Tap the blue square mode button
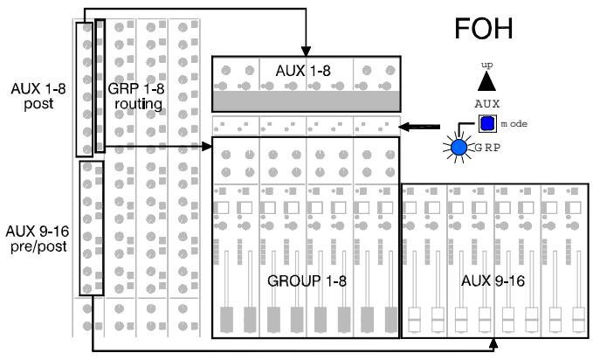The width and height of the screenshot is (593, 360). click(x=486, y=123)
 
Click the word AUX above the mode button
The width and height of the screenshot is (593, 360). click(x=486, y=103)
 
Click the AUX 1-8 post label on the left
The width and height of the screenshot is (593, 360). click(x=34, y=97)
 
